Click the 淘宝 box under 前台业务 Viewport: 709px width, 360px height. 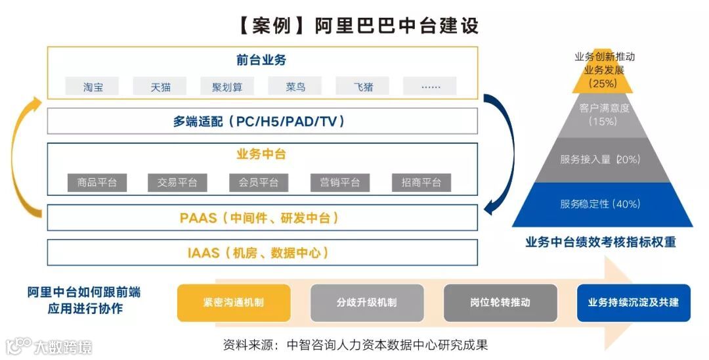93,86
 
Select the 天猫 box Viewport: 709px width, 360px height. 160,86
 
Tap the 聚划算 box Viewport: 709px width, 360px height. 227,86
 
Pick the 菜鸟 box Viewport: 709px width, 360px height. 295,86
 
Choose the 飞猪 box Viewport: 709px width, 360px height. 363,86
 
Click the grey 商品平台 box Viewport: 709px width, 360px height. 97,183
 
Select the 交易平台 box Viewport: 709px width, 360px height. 177,183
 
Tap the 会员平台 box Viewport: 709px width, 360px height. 259,183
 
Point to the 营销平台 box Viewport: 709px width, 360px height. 340,183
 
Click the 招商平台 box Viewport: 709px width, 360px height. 421,183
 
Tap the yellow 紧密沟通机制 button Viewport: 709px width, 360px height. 225,303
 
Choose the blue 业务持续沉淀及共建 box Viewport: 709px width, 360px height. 634,303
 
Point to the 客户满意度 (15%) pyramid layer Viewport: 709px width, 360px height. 603,114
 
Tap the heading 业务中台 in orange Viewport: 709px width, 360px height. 261,155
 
